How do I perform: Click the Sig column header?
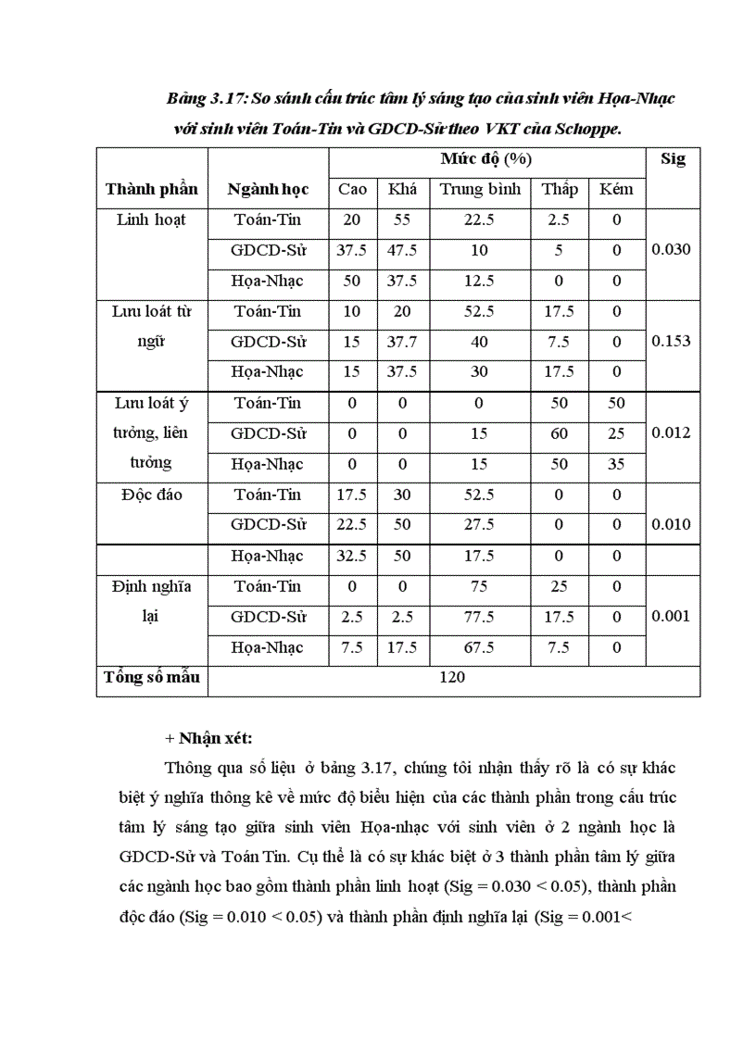click(673, 159)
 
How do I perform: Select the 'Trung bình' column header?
click(480, 189)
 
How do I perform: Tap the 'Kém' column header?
click(617, 189)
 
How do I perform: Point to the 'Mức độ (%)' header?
click(486, 159)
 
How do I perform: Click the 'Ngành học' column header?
click(269, 189)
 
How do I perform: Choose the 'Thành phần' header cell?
click(152, 189)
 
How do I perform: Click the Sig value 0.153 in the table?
click(672, 341)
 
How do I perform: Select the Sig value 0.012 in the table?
click(672, 432)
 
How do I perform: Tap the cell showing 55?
click(402, 220)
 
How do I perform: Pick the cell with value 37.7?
click(402, 342)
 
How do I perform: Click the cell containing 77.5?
click(480, 617)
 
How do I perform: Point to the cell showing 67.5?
click(480, 647)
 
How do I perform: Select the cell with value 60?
click(559, 433)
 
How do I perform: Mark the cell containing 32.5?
click(352, 556)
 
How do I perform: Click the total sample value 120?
click(453, 678)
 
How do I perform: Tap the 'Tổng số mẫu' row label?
click(152, 678)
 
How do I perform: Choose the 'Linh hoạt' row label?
click(152, 220)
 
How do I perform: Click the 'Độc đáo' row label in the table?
click(152, 495)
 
